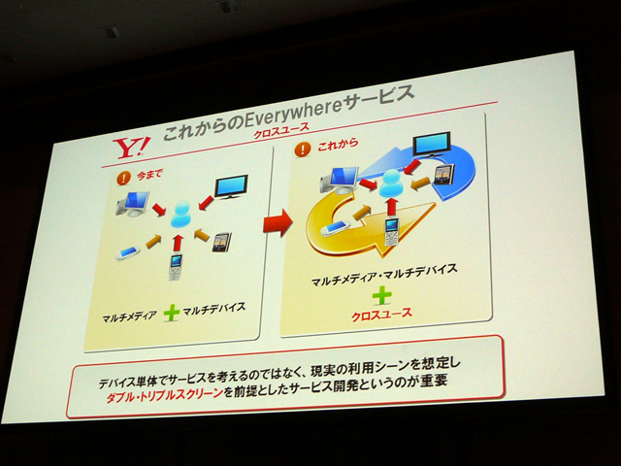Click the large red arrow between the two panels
278,223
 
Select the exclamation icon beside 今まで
123,178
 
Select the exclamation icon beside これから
303,149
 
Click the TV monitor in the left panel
231,186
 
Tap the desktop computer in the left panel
133,203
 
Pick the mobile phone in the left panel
175,267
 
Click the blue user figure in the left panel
181,215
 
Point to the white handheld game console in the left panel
127,253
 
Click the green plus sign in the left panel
172,313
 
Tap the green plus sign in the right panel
381,295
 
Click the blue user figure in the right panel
391,183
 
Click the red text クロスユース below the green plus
381,315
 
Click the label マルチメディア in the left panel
129,316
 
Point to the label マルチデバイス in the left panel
214,309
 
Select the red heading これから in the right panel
338,145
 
